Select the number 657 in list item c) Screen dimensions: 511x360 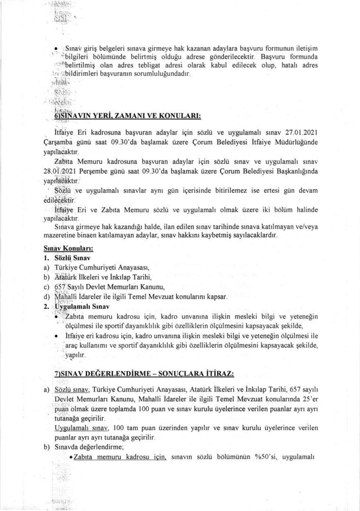(61, 287)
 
